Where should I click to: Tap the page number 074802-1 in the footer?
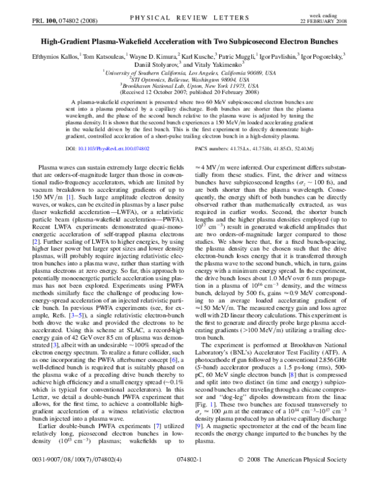(x=190, y=477)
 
